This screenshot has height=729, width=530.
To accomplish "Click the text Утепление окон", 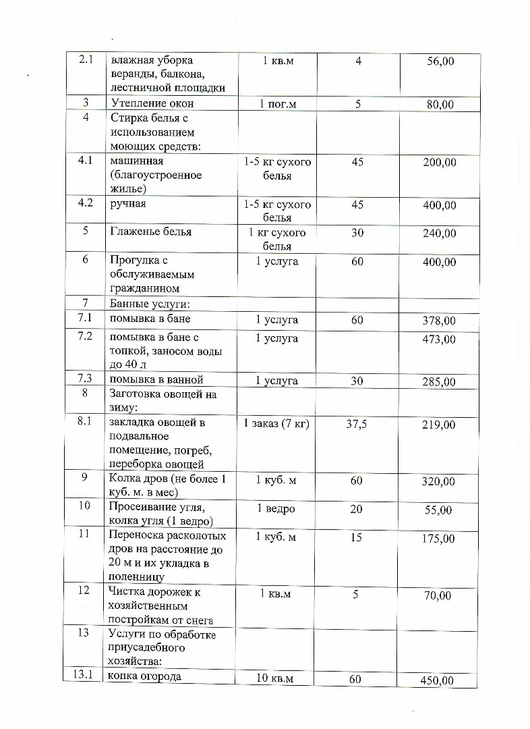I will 152,103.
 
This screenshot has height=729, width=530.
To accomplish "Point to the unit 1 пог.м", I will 277,104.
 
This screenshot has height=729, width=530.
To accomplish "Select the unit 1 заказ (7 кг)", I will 276,424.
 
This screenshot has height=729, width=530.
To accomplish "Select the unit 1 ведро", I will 276,508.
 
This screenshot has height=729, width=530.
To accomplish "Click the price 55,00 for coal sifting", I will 438,510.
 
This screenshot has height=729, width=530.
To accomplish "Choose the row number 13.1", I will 85,676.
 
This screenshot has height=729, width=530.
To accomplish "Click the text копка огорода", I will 145,676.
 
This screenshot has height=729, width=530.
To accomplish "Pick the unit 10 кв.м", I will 276,679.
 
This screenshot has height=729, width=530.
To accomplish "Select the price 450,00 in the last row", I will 437,680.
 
